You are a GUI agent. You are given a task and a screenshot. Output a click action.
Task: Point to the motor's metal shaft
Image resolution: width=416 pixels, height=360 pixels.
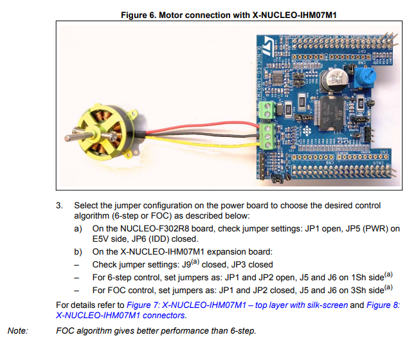pyautogui.click(x=71, y=138)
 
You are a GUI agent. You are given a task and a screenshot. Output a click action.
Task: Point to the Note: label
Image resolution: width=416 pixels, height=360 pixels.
pyautogui.click(x=17, y=331)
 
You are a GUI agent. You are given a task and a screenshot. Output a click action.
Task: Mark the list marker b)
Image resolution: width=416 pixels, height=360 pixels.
pyautogui.click(x=78, y=252)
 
